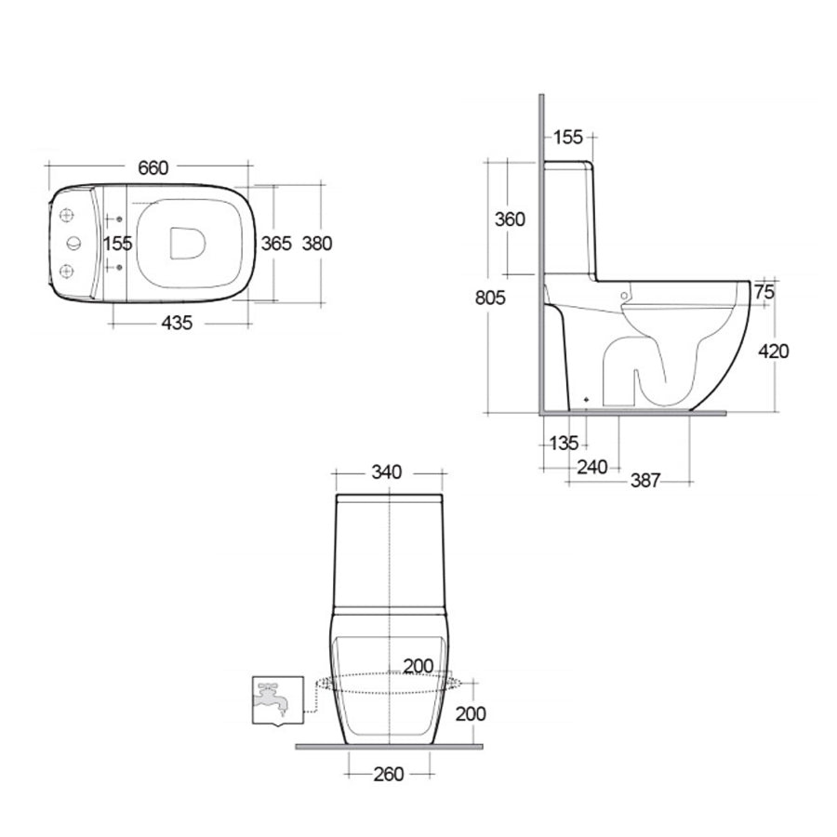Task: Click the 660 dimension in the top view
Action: [153, 167]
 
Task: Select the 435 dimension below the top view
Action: [178, 323]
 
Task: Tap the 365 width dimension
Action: [275, 244]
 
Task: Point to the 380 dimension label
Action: [317, 244]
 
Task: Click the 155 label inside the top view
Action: [118, 244]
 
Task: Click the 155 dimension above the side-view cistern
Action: [567, 138]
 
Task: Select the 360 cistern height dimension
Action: [510, 219]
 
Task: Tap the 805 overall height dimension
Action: [489, 299]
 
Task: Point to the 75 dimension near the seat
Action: [764, 292]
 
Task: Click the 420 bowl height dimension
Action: [774, 351]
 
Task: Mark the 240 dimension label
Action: [592, 467]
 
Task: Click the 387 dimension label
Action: [644, 481]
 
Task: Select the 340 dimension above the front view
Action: [386, 472]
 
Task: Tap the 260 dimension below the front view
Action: [388, 774]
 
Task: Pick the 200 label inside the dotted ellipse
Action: [418, 666]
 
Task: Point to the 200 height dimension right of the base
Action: [472, 713]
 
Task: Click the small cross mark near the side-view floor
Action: [586, 400]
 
